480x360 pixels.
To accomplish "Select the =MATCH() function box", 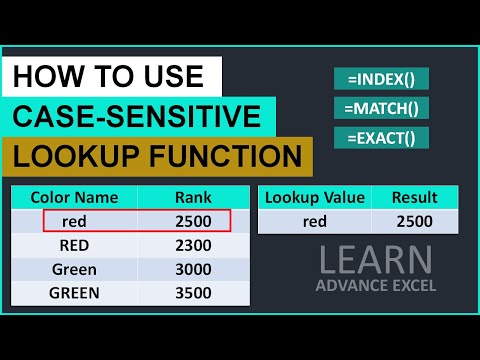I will point(380,107).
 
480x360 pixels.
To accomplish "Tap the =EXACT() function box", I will point(380,136).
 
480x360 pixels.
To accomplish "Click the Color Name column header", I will point(75,197).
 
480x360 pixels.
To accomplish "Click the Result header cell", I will point(414,197).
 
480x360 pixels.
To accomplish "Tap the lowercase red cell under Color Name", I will point(75,221).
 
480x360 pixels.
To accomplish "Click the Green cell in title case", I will point(75,270).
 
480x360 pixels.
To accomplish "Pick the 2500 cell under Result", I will point(414,222).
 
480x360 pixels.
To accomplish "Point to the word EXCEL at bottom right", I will point(415,291).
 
